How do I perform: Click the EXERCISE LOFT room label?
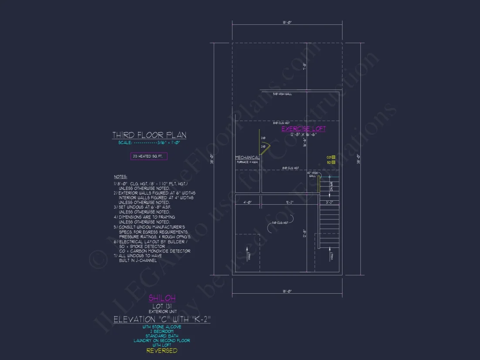303,129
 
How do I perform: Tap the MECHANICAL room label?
247,158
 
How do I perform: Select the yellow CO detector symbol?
333,157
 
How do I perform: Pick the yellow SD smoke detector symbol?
333,162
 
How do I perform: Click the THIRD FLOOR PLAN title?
149,135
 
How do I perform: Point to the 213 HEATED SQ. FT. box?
149,156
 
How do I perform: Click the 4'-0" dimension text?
248,202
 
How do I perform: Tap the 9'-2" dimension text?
290,202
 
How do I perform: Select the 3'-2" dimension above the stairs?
329,202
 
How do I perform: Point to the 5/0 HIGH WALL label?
282,94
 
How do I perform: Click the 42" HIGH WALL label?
312,174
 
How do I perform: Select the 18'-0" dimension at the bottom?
286,291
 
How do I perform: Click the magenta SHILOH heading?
162,298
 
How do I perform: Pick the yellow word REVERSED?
162,350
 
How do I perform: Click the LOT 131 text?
162,306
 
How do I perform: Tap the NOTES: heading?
120,177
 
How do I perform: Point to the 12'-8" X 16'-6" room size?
303,135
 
